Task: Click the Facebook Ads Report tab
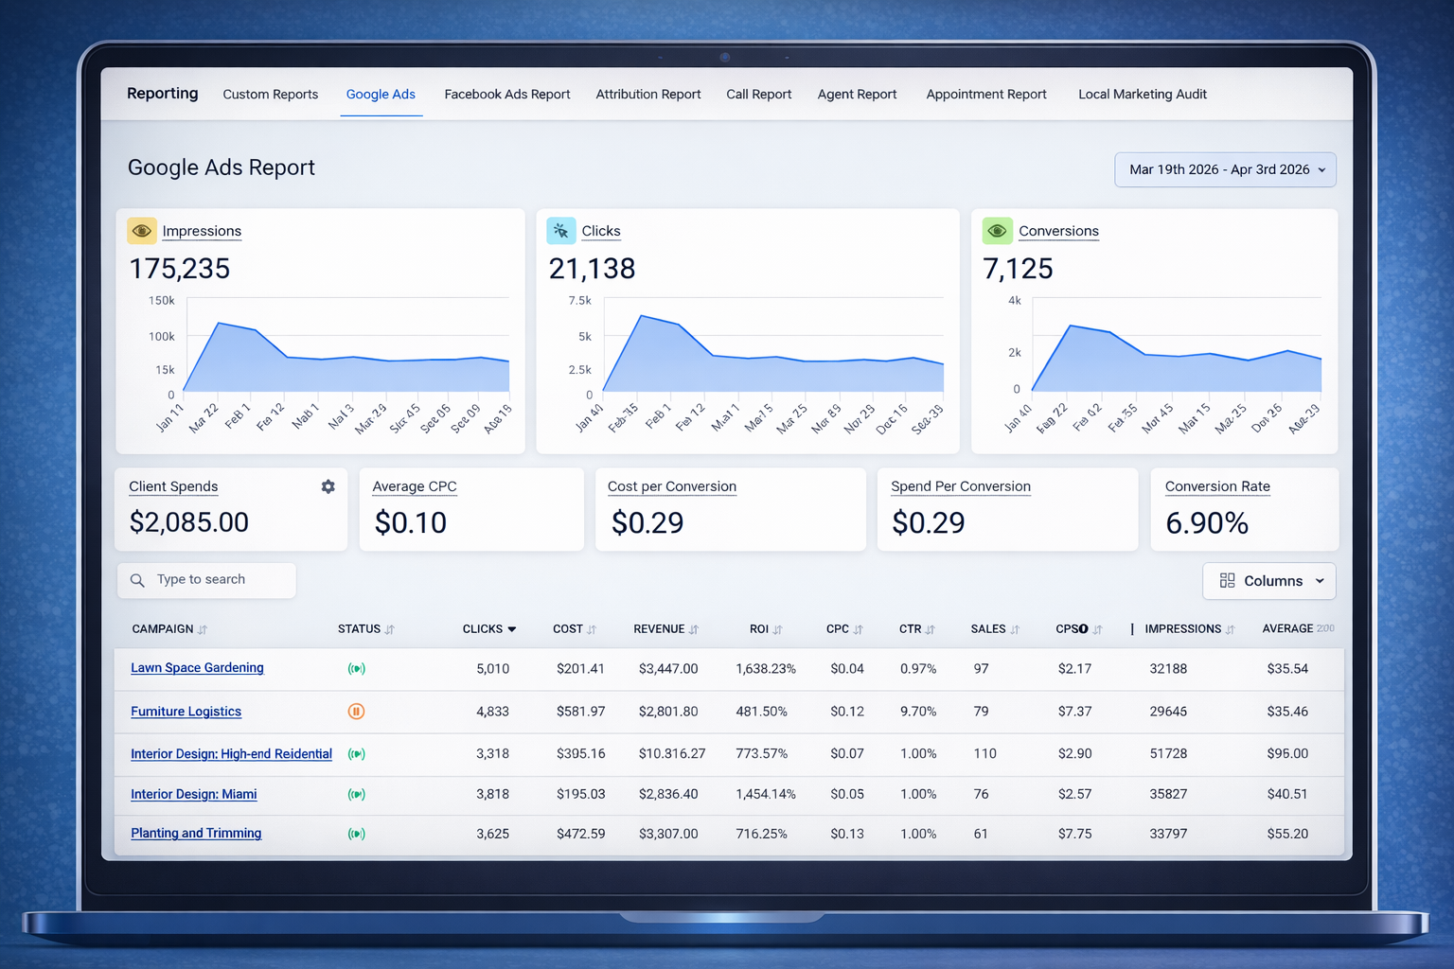(506, 95)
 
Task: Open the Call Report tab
(758, 95)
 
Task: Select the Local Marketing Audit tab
(1142, 95)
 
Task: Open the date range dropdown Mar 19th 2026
(1225, 170)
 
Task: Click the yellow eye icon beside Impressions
(142, 231)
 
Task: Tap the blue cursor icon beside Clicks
(561, 231)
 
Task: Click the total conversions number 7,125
(1018, 270)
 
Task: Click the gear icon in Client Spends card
(328, 486)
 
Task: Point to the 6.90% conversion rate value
(1207, 523)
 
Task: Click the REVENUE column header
(659, 629)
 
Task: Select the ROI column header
(759, 629)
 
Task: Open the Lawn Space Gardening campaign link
(197, 668)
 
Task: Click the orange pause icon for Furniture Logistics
(356, 712)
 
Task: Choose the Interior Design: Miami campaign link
(193, 795)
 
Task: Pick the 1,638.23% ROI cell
(765, 669)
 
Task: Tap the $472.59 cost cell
(580, 835)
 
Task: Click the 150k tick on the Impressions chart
(162, 301)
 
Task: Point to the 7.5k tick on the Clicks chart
(579, 301)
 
